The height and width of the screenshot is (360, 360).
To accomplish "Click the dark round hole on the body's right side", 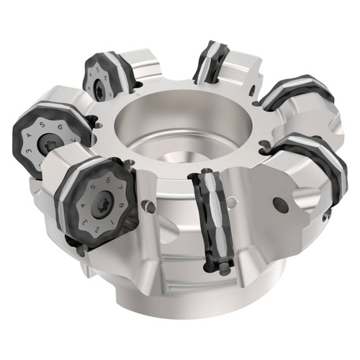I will (x=281, y=204).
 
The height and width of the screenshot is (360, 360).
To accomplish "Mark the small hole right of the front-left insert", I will (x=149, y=207).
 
